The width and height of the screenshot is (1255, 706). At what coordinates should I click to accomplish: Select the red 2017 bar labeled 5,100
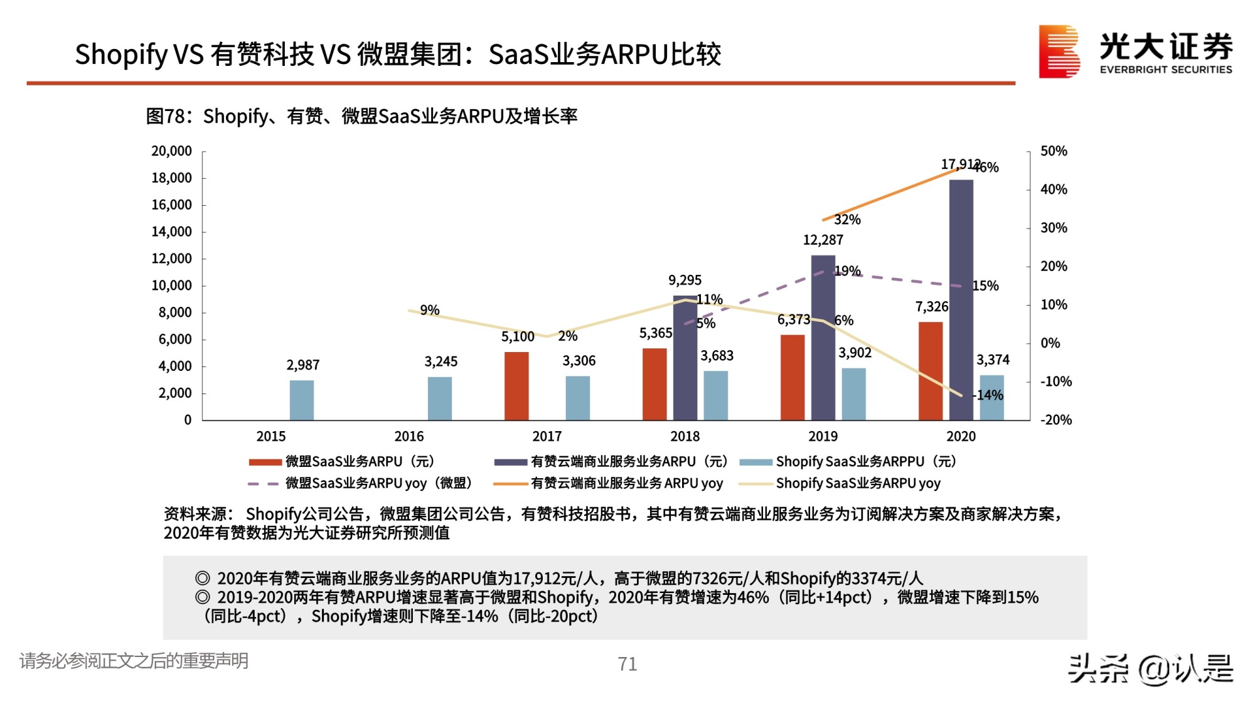coord(516,386)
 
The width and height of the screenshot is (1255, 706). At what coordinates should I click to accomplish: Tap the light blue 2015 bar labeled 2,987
coord(302,400)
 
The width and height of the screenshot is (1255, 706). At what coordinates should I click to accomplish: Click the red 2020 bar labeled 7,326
coord(931,371)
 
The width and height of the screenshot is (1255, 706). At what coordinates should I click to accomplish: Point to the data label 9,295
coord(685,280)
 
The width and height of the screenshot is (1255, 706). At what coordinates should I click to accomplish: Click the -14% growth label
coord(988,395)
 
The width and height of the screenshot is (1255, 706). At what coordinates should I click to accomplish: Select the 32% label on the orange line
coord(847,220)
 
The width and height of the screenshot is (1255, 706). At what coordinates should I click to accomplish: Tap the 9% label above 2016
coord(430,310)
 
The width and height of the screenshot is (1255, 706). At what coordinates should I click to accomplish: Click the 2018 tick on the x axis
coord(685,436)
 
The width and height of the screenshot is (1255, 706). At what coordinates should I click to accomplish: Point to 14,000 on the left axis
coord(171,232)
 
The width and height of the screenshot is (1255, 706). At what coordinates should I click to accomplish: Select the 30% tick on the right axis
coord(1054,228)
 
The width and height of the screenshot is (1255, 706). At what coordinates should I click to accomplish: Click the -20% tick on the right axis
coord(1056,420)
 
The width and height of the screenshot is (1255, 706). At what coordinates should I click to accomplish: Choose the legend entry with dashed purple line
coord(361,483)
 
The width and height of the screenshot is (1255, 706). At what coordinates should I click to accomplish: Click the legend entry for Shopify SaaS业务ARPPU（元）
coord(848,462)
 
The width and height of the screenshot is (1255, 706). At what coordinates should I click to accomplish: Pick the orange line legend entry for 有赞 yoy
coord(609,483)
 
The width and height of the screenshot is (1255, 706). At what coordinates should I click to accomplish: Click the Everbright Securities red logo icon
coord(1059,51)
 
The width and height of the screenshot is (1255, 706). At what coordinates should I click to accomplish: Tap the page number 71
coord(627,664)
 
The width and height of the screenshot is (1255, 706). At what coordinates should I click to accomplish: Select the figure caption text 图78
coord(166,116)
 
